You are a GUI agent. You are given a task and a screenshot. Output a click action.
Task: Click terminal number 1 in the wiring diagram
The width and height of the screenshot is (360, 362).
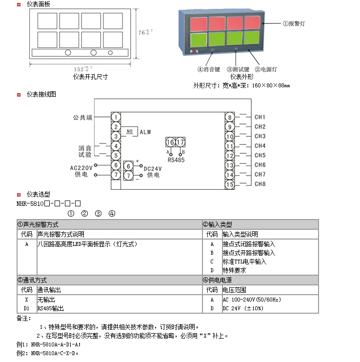pos(116,117)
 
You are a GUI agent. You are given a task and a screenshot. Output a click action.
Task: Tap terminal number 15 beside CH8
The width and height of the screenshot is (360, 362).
pos(229,184)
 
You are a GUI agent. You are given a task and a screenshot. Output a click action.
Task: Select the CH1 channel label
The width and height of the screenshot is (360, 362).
pos(260,117)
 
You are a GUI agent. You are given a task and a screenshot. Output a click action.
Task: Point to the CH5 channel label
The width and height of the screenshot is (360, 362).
pos(260,156)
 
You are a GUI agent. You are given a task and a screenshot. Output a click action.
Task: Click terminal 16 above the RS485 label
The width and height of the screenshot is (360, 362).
pos(170,142)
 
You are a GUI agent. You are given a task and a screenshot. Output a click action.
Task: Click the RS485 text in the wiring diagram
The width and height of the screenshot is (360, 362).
pos(176,160)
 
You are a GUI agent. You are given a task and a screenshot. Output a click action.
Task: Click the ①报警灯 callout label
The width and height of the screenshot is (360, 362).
pos(294,23)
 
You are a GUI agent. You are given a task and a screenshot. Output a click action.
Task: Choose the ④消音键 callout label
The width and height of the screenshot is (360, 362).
pos(209,70)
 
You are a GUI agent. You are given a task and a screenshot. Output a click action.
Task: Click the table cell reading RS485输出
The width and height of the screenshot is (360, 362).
pos(51,308)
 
